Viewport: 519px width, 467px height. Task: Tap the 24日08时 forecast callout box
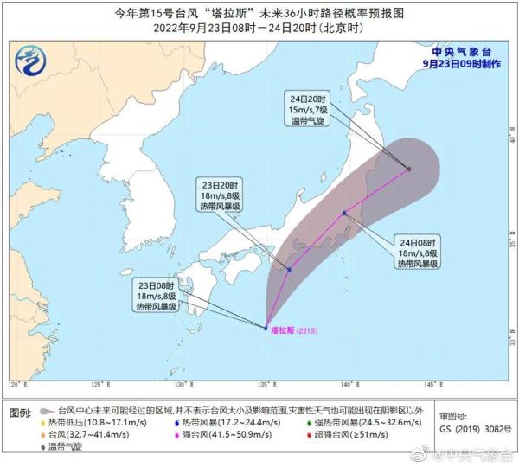pos(417,252)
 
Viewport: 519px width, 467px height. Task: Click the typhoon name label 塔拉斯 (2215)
pos(295,329)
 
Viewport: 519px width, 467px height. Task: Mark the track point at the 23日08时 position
pos(266,328)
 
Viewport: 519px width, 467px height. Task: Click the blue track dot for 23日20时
pos(289,270)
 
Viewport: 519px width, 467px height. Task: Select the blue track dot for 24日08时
pos(344,213)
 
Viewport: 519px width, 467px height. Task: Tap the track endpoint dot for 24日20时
pos(409,169)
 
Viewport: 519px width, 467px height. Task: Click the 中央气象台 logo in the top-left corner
pos(31,61)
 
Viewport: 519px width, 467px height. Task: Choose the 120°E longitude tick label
pos(16,384)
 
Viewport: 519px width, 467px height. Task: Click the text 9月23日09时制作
pos(459,63)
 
